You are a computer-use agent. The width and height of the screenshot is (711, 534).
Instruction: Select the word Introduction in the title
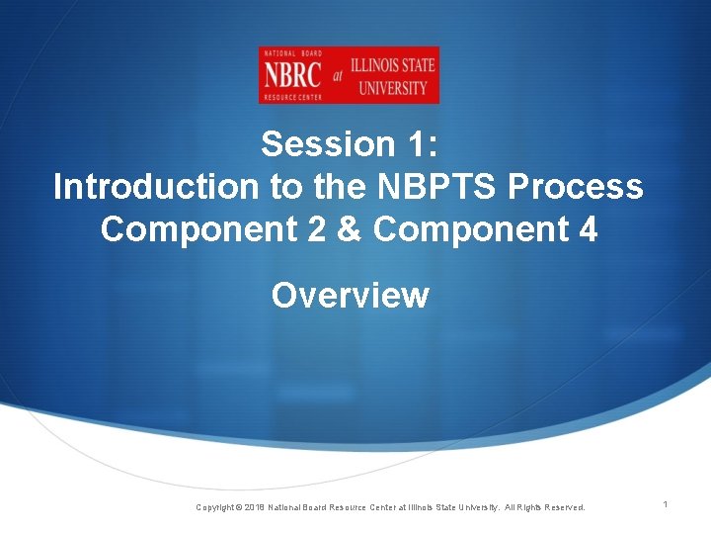[147, 187]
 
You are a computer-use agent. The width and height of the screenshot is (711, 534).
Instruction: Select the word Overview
[351, 295]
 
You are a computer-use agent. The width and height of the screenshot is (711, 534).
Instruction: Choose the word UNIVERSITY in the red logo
[392, 87]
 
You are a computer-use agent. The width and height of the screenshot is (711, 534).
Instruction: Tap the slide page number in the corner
[666, 505]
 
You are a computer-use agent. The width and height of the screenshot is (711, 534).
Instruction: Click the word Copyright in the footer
[216, 507]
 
